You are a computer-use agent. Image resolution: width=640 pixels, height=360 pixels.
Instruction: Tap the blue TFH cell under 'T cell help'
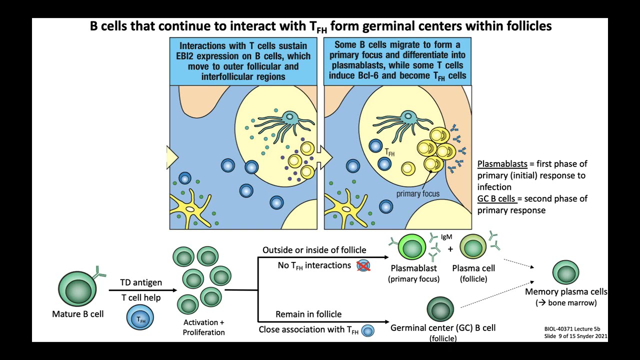(140, 318)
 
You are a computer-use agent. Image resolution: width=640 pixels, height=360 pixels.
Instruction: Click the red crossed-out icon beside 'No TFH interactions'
(363, 266)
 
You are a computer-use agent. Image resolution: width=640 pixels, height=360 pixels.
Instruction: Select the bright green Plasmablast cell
(412, 248)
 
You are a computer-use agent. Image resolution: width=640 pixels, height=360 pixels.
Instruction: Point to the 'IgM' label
(446, 237)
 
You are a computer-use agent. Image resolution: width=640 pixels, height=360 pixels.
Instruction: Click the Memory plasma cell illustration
(565, 273)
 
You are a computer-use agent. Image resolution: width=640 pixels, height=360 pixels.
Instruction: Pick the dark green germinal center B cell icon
(440, 309)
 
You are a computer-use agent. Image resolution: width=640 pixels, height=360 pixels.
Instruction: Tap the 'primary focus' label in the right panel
(418, 194)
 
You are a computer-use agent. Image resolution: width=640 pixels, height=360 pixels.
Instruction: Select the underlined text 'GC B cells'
(496, 199)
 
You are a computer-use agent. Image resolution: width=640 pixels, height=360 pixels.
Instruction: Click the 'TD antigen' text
(141, 282)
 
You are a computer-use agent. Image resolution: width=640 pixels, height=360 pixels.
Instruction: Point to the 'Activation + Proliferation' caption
(203, 327)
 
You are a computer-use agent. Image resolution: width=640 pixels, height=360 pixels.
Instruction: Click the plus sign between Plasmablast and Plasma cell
(450, 248)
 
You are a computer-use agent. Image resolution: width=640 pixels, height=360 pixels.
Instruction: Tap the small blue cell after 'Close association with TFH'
(368, 330)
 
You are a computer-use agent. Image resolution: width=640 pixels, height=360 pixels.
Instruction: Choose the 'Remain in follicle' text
(308, 314)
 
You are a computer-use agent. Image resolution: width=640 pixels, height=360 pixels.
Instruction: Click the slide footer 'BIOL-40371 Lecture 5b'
(572, 329)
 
